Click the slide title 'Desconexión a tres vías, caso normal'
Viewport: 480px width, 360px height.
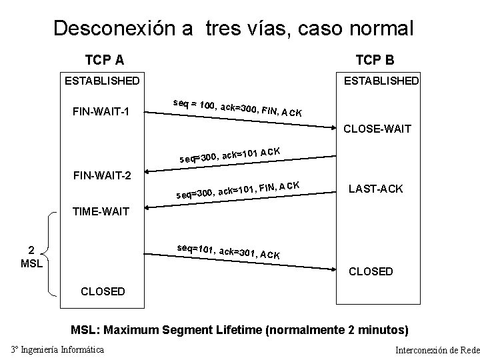pos(233,29)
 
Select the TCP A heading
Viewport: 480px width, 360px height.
pos(104,60)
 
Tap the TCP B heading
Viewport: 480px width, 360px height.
pos(375,60)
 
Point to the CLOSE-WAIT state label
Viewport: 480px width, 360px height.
pos(377,129)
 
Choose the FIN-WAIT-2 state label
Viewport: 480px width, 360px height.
pos(101,177)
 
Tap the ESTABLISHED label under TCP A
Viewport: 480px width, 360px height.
pos(101,81)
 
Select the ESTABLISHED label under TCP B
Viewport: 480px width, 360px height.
pos(381,81)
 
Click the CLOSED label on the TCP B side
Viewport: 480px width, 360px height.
pos(371,271)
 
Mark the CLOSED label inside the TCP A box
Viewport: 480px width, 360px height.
pos(102,291)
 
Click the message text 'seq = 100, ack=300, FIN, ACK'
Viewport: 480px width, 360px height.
pos(237,107)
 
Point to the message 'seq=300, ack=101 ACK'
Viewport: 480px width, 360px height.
pos(229,154)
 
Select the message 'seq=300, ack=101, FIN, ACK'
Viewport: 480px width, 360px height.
pos(237,190)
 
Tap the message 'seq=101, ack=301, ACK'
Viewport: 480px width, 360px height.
pos(228,251)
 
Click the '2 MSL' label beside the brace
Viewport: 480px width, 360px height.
pos(31,256)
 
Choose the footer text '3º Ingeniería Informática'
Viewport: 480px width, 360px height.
pos(57,349)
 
